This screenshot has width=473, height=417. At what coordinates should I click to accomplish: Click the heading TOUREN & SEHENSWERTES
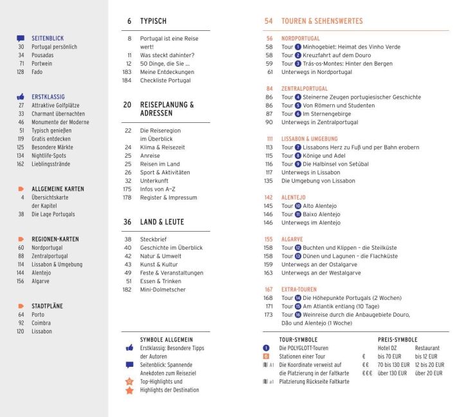[x=322, y=21]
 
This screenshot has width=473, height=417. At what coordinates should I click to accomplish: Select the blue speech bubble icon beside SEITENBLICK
[x=21, y=39]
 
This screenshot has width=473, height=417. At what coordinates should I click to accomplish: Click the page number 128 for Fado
[x=20, y=72]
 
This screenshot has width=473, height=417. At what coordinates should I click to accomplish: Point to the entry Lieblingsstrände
[x=53, y=163]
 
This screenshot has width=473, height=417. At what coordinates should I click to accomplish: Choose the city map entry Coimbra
[x=41, y=323]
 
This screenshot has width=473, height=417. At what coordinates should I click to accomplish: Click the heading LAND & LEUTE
[x=162, y=222]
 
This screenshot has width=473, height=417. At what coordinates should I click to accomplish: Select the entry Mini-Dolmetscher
[x=163, y=290]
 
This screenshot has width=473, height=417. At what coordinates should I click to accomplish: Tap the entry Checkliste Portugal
[x=165, y=80]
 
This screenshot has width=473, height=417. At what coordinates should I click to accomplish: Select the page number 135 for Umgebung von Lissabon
[x=269, y=181]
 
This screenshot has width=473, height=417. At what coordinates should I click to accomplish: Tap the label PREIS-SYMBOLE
[x=397, y=339]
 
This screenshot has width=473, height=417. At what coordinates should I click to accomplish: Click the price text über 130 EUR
[x=393, y=373]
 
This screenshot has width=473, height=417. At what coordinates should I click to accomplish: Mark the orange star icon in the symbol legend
[x=129, y=390]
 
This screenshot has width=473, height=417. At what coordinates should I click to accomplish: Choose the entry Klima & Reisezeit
[x=162, y=147]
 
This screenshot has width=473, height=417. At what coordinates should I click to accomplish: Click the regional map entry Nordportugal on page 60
[x=47, y=247]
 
